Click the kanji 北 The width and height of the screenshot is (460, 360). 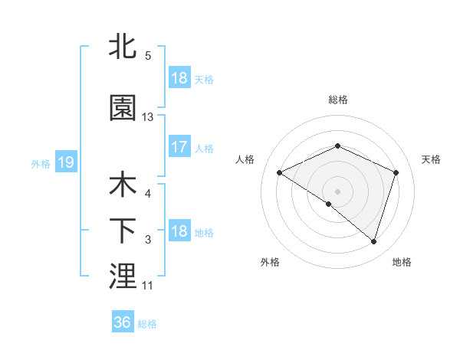tap(123, 47)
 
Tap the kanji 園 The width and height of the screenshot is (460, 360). tap(123, 109)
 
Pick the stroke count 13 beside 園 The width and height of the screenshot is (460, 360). tap(148, 116)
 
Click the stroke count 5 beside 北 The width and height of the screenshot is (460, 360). tap(148, 55)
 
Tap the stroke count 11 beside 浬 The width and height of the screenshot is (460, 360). tap(148, 285)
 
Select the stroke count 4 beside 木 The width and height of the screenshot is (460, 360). tap(148, 193)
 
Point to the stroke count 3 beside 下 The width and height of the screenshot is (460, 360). tap(148, 240)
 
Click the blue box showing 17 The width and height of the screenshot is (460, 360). tap(179, 148)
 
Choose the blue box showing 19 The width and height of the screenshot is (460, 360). tap(64, 162)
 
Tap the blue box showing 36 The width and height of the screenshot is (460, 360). tap(123, 322)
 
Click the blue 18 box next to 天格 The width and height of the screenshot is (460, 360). tap(179, 78)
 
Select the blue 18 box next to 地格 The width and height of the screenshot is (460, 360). tap(179, 231)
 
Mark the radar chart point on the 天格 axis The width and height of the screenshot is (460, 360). tap(396, 172)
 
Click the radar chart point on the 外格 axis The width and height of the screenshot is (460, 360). tap(329, 204)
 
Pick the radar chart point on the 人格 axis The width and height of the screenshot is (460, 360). tap(280, 173)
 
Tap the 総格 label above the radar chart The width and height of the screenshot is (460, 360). tap(338, 100)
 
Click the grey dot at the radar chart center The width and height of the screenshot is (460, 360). tap(337, 191)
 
